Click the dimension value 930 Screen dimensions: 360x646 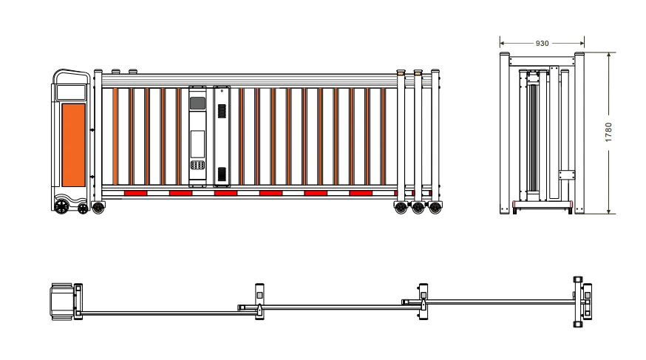(x=542, y=44)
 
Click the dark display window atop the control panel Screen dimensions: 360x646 (x=197, y=103)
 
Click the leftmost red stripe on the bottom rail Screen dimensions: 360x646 (x=135, y=193)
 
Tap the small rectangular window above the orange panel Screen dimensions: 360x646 (x=71, y=92)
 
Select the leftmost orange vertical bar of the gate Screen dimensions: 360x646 (x=115, y=136)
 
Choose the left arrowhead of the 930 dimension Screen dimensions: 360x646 (x=502, y=44)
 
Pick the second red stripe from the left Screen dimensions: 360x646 (x=180, y=193)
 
